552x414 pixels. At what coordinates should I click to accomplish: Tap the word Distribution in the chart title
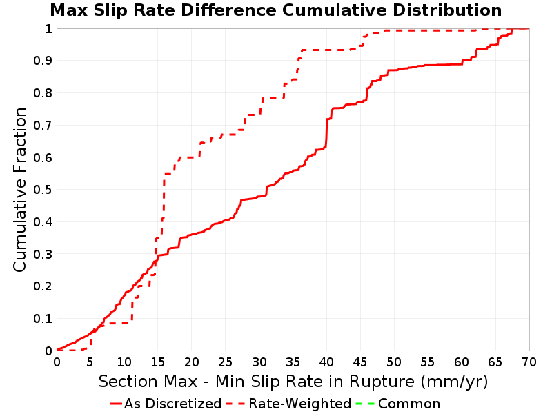(x=447, y=10)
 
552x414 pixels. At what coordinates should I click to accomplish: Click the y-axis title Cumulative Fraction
(x=20, y=189)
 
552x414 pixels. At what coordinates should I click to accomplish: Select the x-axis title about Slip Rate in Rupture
(x=293, y=382)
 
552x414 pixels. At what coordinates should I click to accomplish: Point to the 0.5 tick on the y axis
(x=43, y=190)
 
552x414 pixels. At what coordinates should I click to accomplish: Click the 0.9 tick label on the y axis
(x=43, y=61)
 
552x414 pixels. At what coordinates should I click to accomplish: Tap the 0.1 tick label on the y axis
(x=43, y=319)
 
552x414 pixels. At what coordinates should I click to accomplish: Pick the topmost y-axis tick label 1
(x=49, y=28)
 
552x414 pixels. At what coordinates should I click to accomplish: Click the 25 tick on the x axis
(x=226, y=362)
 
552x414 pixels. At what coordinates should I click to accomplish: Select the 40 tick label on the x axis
(x=326, y=362)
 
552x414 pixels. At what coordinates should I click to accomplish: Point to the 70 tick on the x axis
(x=529, y=362)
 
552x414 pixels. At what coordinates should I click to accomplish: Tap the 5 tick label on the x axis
(x=90, y=362)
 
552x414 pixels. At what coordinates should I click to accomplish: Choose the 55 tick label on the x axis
(x=428, y=362)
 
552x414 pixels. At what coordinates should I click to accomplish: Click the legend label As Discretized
(x=173, y=404)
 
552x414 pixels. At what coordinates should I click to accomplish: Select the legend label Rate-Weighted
(x=300, y=404)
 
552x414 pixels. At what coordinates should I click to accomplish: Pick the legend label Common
(x=409, y=404)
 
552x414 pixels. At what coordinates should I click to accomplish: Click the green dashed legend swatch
(x=365, y=404)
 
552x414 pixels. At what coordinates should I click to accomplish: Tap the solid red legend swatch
(x=116, y=404)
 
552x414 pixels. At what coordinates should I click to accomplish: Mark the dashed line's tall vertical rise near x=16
(x=164, y=199)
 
